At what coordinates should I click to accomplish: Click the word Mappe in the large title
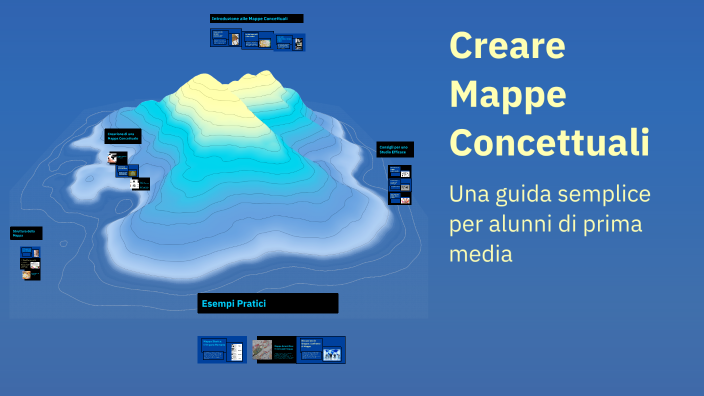[x=508, y=94]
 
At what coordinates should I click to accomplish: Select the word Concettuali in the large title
[x=549, y=140]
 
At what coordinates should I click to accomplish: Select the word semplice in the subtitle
[x=609, y=193]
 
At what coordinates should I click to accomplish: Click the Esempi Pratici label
[x=267, y=303]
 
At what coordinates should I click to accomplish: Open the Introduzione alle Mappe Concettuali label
[x=256, y=19]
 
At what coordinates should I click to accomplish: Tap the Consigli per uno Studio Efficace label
[x=394, y=149]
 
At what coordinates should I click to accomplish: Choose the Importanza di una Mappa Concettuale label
[x=123, y=136]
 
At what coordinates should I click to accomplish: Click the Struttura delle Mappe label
[x=26, y=234]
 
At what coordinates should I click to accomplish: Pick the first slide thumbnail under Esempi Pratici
[x=222, y=350]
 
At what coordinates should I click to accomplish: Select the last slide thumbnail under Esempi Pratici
[x=321, y=350]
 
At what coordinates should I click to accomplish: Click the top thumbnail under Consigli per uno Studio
[x=400, y=172]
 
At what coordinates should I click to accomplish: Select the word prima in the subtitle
[x=604, y=224]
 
